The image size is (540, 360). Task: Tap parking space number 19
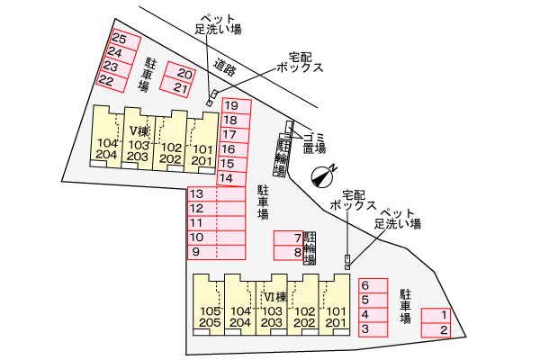click(x=237, y=106)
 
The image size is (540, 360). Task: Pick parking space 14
click(x=231, y=178)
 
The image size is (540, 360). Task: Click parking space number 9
click(x=216, y=252)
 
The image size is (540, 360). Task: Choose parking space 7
click(x=289, y=238)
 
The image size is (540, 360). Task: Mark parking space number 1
click(x=436, y=315)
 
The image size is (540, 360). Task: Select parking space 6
click(x=373, y=285)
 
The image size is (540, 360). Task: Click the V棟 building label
click(x=139, y=130)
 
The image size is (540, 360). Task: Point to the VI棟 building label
click(x=275, y=297)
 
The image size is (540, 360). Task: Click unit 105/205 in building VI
click(x=209, y=304)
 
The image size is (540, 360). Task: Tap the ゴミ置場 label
click(x=314, y=143)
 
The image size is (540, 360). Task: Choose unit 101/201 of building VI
click(x=335, y=304)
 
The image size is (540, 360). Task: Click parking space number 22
click(x=112, y=82)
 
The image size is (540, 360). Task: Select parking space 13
click(x=216, y=194)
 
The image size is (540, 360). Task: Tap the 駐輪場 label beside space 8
click(x=310, y=248)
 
